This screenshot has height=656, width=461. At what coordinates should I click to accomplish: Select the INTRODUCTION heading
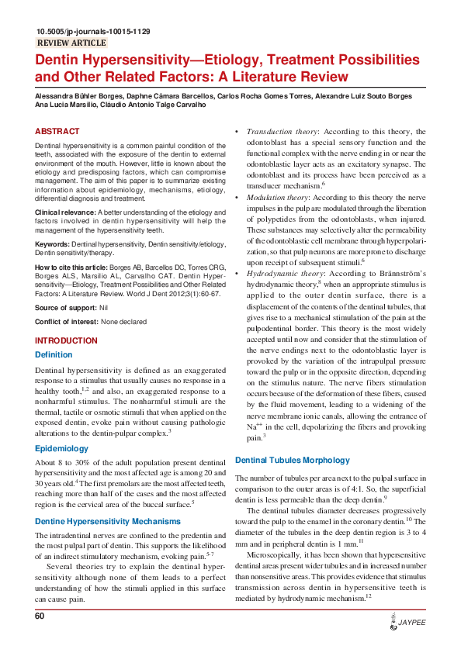tap(67, 341)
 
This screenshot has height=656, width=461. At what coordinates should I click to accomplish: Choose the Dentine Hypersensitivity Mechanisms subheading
tap(107, 522)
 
